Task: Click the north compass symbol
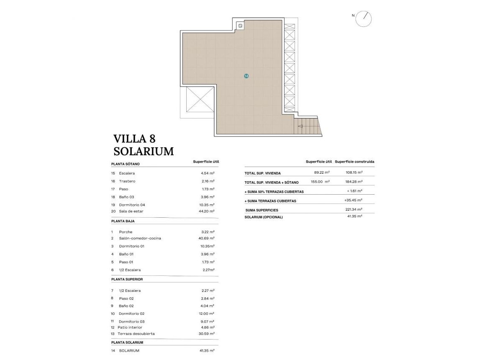pyautogui.click(x=363, y=19)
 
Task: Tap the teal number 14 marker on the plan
pyautogui.click(x=246, y=76)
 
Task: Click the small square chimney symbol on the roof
pyautogui.click(x=241, y=26)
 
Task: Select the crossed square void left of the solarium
pyautogui.click(x=199, y=99)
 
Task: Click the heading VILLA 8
pyautogui.click(x=134, y=139)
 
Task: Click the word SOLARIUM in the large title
pyautogui.click(x=144, y=152)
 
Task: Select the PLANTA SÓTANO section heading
pyautogui.click(x=126, y=164)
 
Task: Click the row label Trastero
pyautogui.click(x=127, y=181)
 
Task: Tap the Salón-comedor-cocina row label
pyautogui.click(x=140, y=238)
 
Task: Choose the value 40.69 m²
pyautogui.click(x=206, y=238)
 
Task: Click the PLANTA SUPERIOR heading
pyautogui.click(x=127, y=279)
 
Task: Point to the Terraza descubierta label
pyautogui.click(x=136, y=334)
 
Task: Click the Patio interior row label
pyautogui.click(x=130, y=327)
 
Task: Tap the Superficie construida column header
pyautogui.click(x=354, y=162)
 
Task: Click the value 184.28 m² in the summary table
pyautogui.click(x=354, y=182)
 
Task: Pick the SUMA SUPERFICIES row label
pyautogui.click(x=262, y=210)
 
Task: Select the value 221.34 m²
pyautogui.click(x=354, y=209)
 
